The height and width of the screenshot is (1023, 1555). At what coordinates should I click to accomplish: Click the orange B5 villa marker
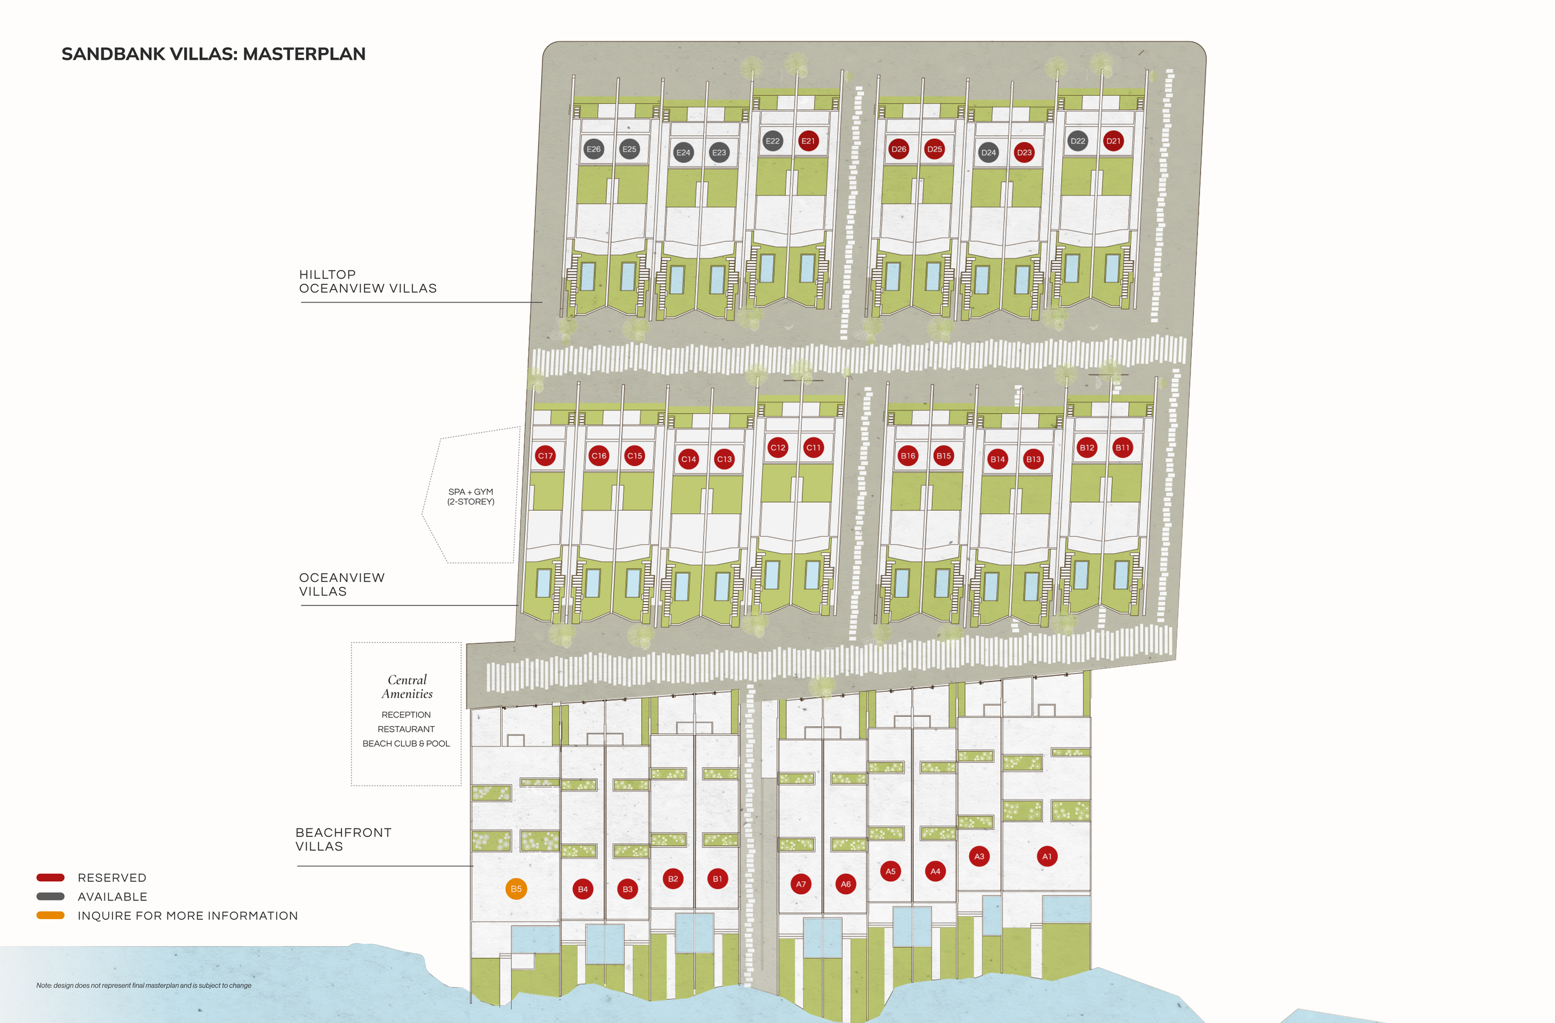click(x=516, y=889)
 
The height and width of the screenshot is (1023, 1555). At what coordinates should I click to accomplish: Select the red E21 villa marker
click(x=808, y=141)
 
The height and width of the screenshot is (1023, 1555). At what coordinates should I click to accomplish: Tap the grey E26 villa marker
click(x=593, y=149)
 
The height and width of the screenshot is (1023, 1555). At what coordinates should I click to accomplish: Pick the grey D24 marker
click(x=988, y=152)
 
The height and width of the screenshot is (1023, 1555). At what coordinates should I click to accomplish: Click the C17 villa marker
click(x=545, y=455)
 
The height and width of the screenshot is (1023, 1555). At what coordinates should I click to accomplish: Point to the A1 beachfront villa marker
click(x=1047, y=856)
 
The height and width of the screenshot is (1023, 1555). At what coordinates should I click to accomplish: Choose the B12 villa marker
click(x=1087, y=448)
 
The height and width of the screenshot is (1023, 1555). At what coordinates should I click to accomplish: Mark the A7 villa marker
click(x=801, y=884)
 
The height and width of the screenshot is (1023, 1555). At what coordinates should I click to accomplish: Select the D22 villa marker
click(x=1077, y=141)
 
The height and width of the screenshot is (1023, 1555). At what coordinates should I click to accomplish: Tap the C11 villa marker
click(x=813, y=448)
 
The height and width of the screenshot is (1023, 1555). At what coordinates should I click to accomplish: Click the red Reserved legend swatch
click(x=50, y=877)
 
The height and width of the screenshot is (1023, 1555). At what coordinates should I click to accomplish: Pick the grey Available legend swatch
click(x=50, y=896)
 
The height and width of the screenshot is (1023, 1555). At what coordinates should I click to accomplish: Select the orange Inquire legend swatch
click(x=50, y=915)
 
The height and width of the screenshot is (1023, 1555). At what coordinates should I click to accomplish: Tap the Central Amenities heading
click(x=406, y=686)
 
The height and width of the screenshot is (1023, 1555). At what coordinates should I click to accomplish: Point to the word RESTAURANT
click(x=406, y=729)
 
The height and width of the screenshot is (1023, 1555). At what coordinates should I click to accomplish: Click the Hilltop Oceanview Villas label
click(x=367, y=281)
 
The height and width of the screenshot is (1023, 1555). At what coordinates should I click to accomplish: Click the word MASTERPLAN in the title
click(x=304, y=54)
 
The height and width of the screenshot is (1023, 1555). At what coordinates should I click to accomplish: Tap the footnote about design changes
click(x=144, y=985)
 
